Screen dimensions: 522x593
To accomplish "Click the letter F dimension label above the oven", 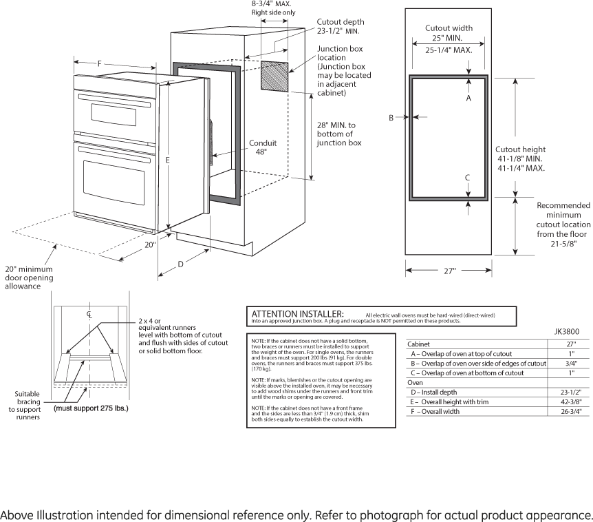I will (99, 64).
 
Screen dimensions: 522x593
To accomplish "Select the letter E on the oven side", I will (167, 160).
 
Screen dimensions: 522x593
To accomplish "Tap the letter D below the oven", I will (181, 264).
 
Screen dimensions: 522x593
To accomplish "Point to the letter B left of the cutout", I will (391, 118).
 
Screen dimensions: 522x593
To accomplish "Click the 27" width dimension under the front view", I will (450, 271).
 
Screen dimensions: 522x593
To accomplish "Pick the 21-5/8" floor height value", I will (563, 243).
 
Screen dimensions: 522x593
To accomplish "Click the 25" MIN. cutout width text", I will (447, 39).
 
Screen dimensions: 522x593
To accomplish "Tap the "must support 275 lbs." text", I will (91, 408).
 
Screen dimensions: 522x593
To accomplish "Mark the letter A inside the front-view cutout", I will (468, 98).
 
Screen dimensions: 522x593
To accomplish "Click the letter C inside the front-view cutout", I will (468, 177).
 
